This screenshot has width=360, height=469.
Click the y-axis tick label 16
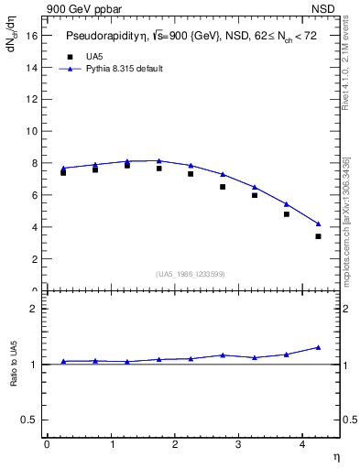pyautogui.click(x=31, y=35)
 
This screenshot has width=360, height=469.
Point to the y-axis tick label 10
pyautogui.click(x=31, y=131)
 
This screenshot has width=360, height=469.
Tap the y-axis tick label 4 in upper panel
pyautogui.click(x=34, y=227)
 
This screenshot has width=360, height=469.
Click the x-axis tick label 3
pyautogui.click(x=238, y=444)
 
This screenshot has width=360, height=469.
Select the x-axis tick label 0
pyautogui.click(x=47, y=444)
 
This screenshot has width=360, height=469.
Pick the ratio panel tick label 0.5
pyautogui.click(x=29, y=420)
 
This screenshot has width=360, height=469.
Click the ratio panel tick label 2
pyautogui.click(x=34, y=309)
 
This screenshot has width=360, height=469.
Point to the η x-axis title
pyautogui.click(x=336, y=456)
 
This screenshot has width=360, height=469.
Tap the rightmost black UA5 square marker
pyautogui.click(x=318, y=236)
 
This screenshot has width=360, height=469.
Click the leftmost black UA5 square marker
pyautogui.click(x=63, y=172)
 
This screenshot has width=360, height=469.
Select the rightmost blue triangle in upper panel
pyautogui.click(x=318, y=224)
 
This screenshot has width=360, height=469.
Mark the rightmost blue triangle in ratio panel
pyautogui.click(x=318, y=347)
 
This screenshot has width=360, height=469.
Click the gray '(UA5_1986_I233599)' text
pyautogui.click(x=191, y=275)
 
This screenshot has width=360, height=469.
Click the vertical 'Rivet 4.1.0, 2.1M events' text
pyautogui.click(x=346, y=66)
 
